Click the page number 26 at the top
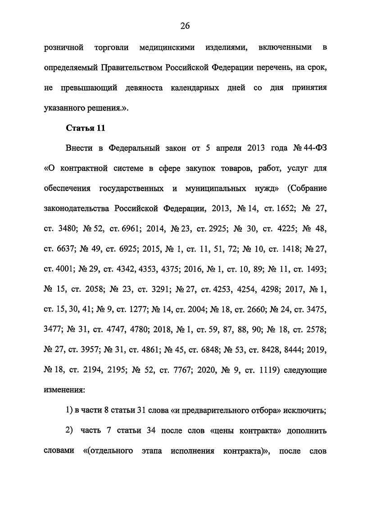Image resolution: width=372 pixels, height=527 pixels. tap(186, 26)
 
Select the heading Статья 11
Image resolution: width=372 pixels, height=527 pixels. tap(86, 128)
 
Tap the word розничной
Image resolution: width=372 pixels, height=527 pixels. tap(65, 47)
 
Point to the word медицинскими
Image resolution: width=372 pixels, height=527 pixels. tap(162, 47)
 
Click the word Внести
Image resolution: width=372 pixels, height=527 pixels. tap(79, 148)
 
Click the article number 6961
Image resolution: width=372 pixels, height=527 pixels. tap(131, 229)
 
